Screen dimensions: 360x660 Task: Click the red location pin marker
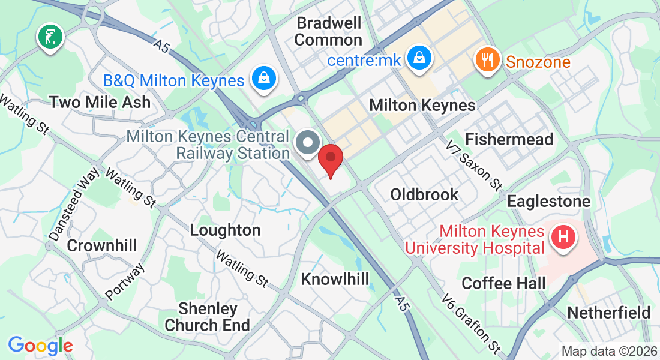(x=329, y=159)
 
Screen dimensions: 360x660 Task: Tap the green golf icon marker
(x=51, y=37)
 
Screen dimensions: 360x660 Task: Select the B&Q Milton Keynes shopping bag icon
(x=263, y=79)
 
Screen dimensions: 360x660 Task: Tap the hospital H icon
(x=563, y=237)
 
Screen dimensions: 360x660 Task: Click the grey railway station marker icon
(x=309, y=144)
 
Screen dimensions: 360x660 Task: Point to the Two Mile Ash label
(x=100, y=102)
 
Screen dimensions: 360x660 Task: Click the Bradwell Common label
(x=329, y=32)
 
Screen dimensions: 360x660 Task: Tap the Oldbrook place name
(x=424, y=194)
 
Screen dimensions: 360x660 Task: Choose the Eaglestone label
(x=548, y=201)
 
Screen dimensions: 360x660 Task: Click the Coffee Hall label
(x=503, y=283)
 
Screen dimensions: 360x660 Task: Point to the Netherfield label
(x=608, y=313)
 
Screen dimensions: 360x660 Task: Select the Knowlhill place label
(x=335, y=279)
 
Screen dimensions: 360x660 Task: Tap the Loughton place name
(x=225, y=230)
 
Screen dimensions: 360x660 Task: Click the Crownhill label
(x=102, y=245)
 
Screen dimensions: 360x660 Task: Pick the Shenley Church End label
(x=207, y=317)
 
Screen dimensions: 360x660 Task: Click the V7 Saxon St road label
(x=474, y=164)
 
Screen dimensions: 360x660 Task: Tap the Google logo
(x=40, y=346)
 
